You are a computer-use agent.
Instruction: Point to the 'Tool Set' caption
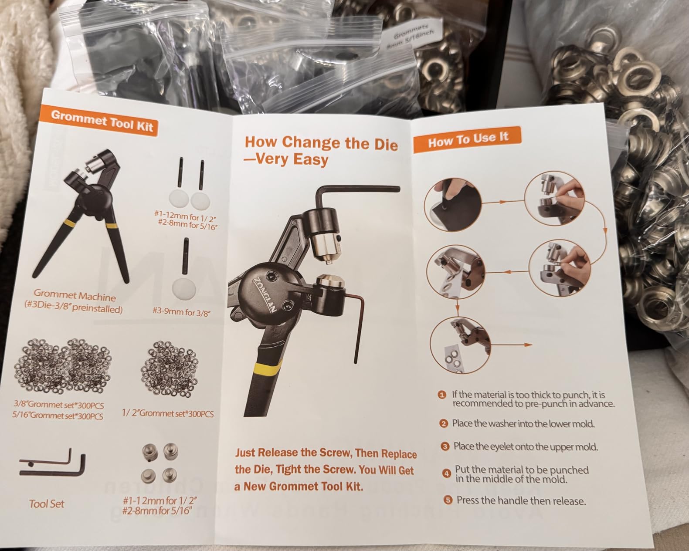(47, 504)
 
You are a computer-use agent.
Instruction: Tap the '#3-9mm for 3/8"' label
(182, 312)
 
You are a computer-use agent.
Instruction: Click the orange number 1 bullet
(442, 395)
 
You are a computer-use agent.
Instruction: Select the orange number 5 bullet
(448, 500)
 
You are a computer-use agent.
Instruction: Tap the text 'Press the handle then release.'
(521, 500)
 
